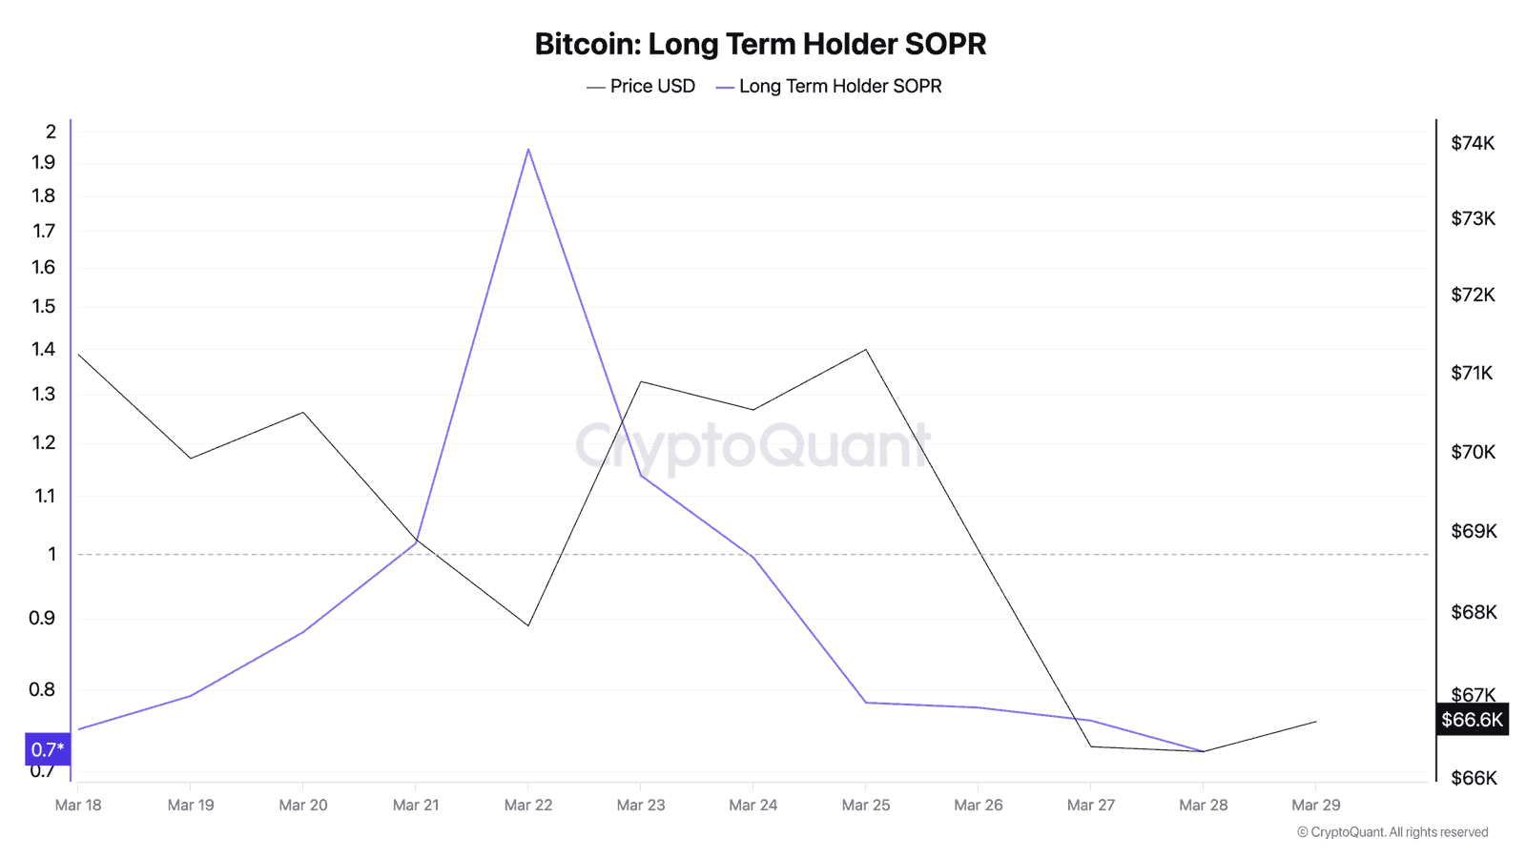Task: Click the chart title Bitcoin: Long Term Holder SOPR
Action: point(760,44)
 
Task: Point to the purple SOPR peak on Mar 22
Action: point(528,150)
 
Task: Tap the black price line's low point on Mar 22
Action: point(528,625)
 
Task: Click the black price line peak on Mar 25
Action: point(866,350)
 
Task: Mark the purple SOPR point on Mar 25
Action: point(866,703)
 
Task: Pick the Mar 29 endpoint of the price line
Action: point(1316,722)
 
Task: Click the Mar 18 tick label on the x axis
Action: point(78,806)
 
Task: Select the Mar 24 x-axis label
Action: point(753,806)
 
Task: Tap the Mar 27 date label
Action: point(1091,806)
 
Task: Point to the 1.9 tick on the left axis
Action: point(44,163)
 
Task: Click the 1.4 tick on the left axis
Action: point(44,349)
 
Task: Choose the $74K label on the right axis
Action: point(1473,144)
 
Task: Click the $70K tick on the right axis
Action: point(1473,452)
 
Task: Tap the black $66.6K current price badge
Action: point(1472,720)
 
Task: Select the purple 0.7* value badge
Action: point(48,750)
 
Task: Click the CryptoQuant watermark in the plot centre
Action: point(753,445)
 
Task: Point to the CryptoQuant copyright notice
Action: point(1392,832)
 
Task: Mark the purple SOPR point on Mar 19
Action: point(191,696)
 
